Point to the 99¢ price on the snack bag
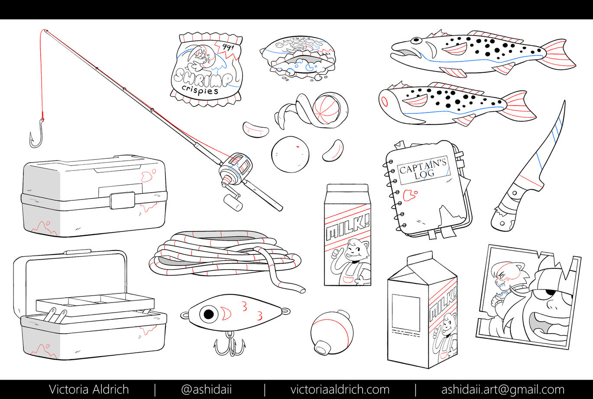click(x=227, y=47)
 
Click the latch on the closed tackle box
click(x=122, y=200)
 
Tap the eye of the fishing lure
click(x=209, y=313)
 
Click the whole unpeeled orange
click(x=290, y=154)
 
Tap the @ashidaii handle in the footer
click(x=206, y=389)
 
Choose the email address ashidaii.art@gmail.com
click(x=502, y=389)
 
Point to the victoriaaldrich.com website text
click(x=340, y=389)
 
